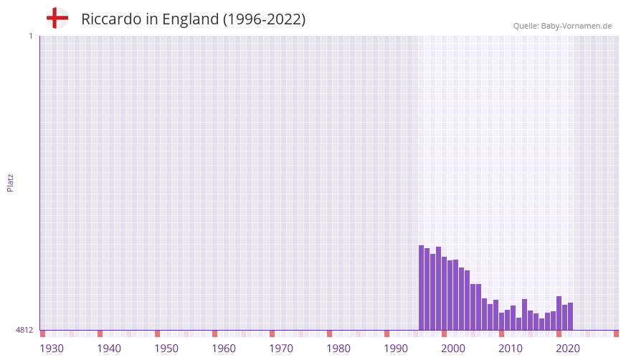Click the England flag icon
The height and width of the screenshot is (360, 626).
click(x=57, y=18)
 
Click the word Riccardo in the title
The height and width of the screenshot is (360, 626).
click(x=111, y=19)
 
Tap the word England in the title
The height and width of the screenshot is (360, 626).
click(x=191, y=19)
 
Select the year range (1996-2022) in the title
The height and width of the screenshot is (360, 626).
click(x=265, y=19)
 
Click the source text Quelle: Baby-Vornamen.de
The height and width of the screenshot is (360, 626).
click(x=562, y=26)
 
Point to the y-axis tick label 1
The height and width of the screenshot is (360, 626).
click(x=31, y=36)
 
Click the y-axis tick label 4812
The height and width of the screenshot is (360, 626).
click(x=24, y=330)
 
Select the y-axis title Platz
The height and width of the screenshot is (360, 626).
click(x=10, y=182)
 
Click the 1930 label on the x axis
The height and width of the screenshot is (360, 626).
click(x=52, y=349)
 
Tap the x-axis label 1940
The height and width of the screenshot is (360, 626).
click(x=109, y=349)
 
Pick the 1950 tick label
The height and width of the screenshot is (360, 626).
click(x=166, y=349)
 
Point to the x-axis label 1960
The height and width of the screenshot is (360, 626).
click(x=224, y=349)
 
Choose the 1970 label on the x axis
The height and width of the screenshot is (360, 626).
click(x=281, y=349)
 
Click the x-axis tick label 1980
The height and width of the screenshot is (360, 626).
click(x=338, y=349)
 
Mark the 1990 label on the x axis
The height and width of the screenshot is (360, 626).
click(x=396, y=349)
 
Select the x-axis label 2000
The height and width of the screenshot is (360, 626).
click(x=453, y=349)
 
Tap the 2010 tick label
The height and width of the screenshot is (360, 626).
click(x=511, y=349)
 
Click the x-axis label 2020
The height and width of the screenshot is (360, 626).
click(x=568, y=349)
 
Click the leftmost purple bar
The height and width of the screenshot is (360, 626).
click(x=422, y=288)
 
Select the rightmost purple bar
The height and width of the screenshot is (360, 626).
click(x=570, y=316)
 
